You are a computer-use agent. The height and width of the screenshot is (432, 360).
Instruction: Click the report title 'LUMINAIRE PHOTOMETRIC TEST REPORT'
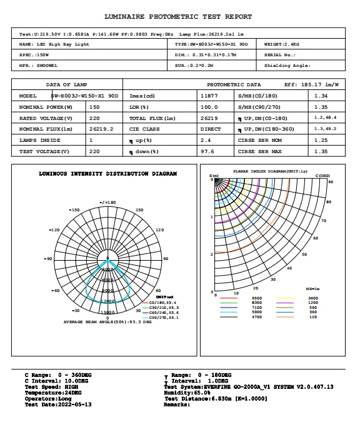point(178,17)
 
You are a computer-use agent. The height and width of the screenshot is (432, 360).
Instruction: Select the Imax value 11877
point(209,96)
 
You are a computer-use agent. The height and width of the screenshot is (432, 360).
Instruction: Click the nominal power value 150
point(95,107)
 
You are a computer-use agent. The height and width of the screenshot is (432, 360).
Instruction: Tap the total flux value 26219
point(209,118)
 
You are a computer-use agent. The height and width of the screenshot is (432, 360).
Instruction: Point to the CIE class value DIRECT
point(209,129)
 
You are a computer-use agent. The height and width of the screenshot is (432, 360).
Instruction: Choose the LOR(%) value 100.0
point(209,107)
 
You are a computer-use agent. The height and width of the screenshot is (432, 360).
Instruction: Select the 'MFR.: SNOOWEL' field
point(39,65)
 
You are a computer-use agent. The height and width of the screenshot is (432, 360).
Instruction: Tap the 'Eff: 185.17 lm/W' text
point(311,84)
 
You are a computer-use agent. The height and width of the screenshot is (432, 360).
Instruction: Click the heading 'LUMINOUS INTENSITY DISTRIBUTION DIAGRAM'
point(107,174)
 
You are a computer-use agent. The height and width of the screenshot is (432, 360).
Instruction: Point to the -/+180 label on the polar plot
point(108,203)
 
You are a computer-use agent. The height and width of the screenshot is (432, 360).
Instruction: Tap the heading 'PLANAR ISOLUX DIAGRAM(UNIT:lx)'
point(270,170)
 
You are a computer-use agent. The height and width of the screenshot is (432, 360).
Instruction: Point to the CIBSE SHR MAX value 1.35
point(321,151)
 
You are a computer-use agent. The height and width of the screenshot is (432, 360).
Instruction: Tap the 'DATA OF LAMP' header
point(67,84)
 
